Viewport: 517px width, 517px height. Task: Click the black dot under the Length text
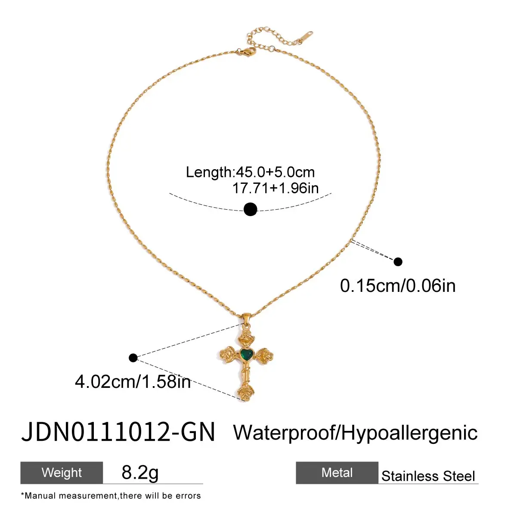pos(250,209)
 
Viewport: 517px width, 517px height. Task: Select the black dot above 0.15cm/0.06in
pos(398,262)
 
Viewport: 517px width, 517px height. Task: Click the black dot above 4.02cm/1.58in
pos(133,358)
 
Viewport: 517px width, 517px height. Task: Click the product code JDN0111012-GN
pos(118,432)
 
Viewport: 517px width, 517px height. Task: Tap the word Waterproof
pos(284,433)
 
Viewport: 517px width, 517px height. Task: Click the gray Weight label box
pos(62,473)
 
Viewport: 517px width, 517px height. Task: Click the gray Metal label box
pos(337,473)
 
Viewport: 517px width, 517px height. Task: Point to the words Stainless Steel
pos(428,476)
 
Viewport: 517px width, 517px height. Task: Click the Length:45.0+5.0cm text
pos(250,172)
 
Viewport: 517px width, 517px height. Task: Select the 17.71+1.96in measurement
pos(276,188)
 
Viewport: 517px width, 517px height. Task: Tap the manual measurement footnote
pos(111,496)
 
